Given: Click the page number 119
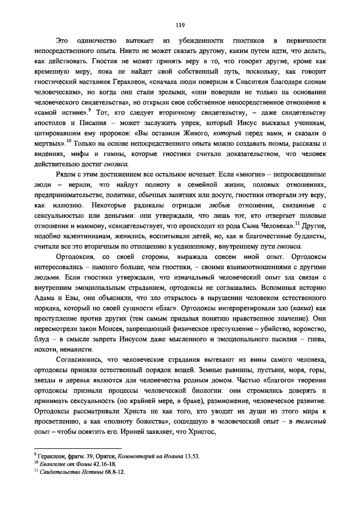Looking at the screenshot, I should click(x=180, y=25).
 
